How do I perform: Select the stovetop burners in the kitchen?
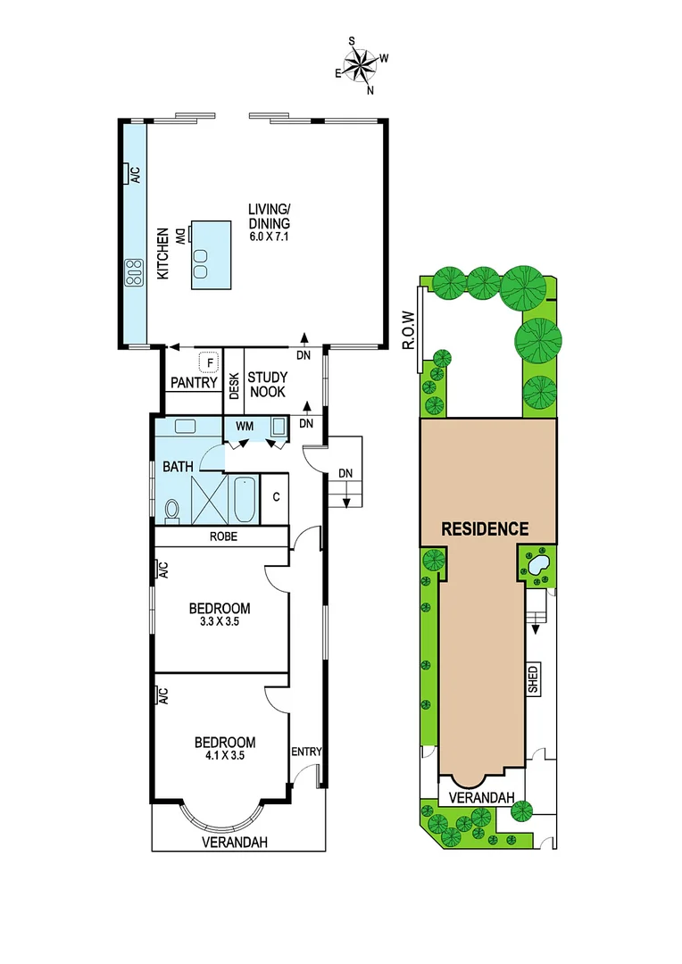coord(135,271)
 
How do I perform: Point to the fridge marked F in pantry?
coord(209,362)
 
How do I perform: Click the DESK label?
coord(233,384)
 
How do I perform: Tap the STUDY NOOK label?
coord(267,384)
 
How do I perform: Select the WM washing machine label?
coord(245,427)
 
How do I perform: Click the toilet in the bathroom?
coord(171,510)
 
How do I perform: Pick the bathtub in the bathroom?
coord(243,500)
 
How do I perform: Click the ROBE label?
coord(222,537)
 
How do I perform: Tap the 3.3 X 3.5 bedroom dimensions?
coord(220,622)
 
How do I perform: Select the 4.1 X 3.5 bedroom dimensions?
coord(224,755)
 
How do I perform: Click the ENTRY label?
coord(306,752)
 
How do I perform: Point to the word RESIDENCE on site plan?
coord(487,528)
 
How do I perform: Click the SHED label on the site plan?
coord(533,680)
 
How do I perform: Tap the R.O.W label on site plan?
coord(410,329)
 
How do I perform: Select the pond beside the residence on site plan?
coord(538,566)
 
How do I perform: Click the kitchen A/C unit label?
coord(136,175)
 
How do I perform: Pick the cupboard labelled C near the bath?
coord(276,496)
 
